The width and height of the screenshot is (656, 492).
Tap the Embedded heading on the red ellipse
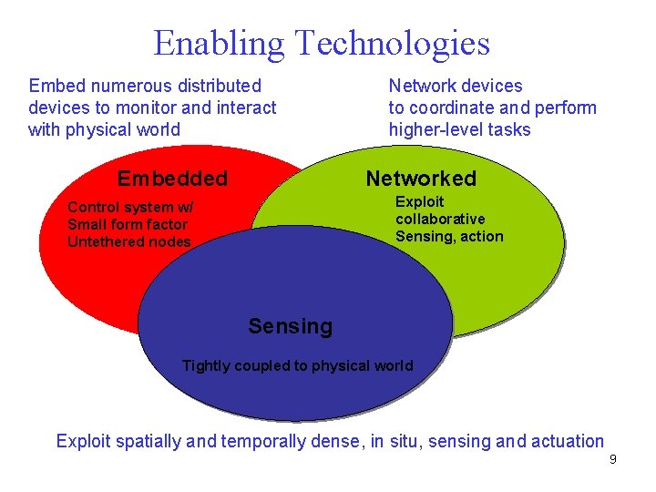point(172,179)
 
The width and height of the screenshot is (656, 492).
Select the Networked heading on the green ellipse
point(421,179)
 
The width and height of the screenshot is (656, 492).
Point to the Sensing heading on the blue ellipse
point(291,326)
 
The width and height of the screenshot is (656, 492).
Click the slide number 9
point(612,459)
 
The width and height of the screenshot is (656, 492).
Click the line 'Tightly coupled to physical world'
point(297,366)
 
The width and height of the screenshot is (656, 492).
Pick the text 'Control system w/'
point(130,207)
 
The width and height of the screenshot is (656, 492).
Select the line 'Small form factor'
point(128,224)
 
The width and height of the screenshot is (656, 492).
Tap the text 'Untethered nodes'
point(129,241)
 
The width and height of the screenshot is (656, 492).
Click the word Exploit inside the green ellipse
point(419,201)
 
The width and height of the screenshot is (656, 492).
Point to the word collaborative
point(440,219)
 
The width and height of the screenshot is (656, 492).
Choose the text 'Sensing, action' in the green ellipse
point(449,236)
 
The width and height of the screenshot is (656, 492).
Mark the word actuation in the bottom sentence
point(568,442)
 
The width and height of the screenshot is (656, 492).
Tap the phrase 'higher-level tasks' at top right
point(459,129)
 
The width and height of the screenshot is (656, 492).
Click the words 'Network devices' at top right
point(456,86)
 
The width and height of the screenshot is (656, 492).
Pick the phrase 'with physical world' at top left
point(104,129)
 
